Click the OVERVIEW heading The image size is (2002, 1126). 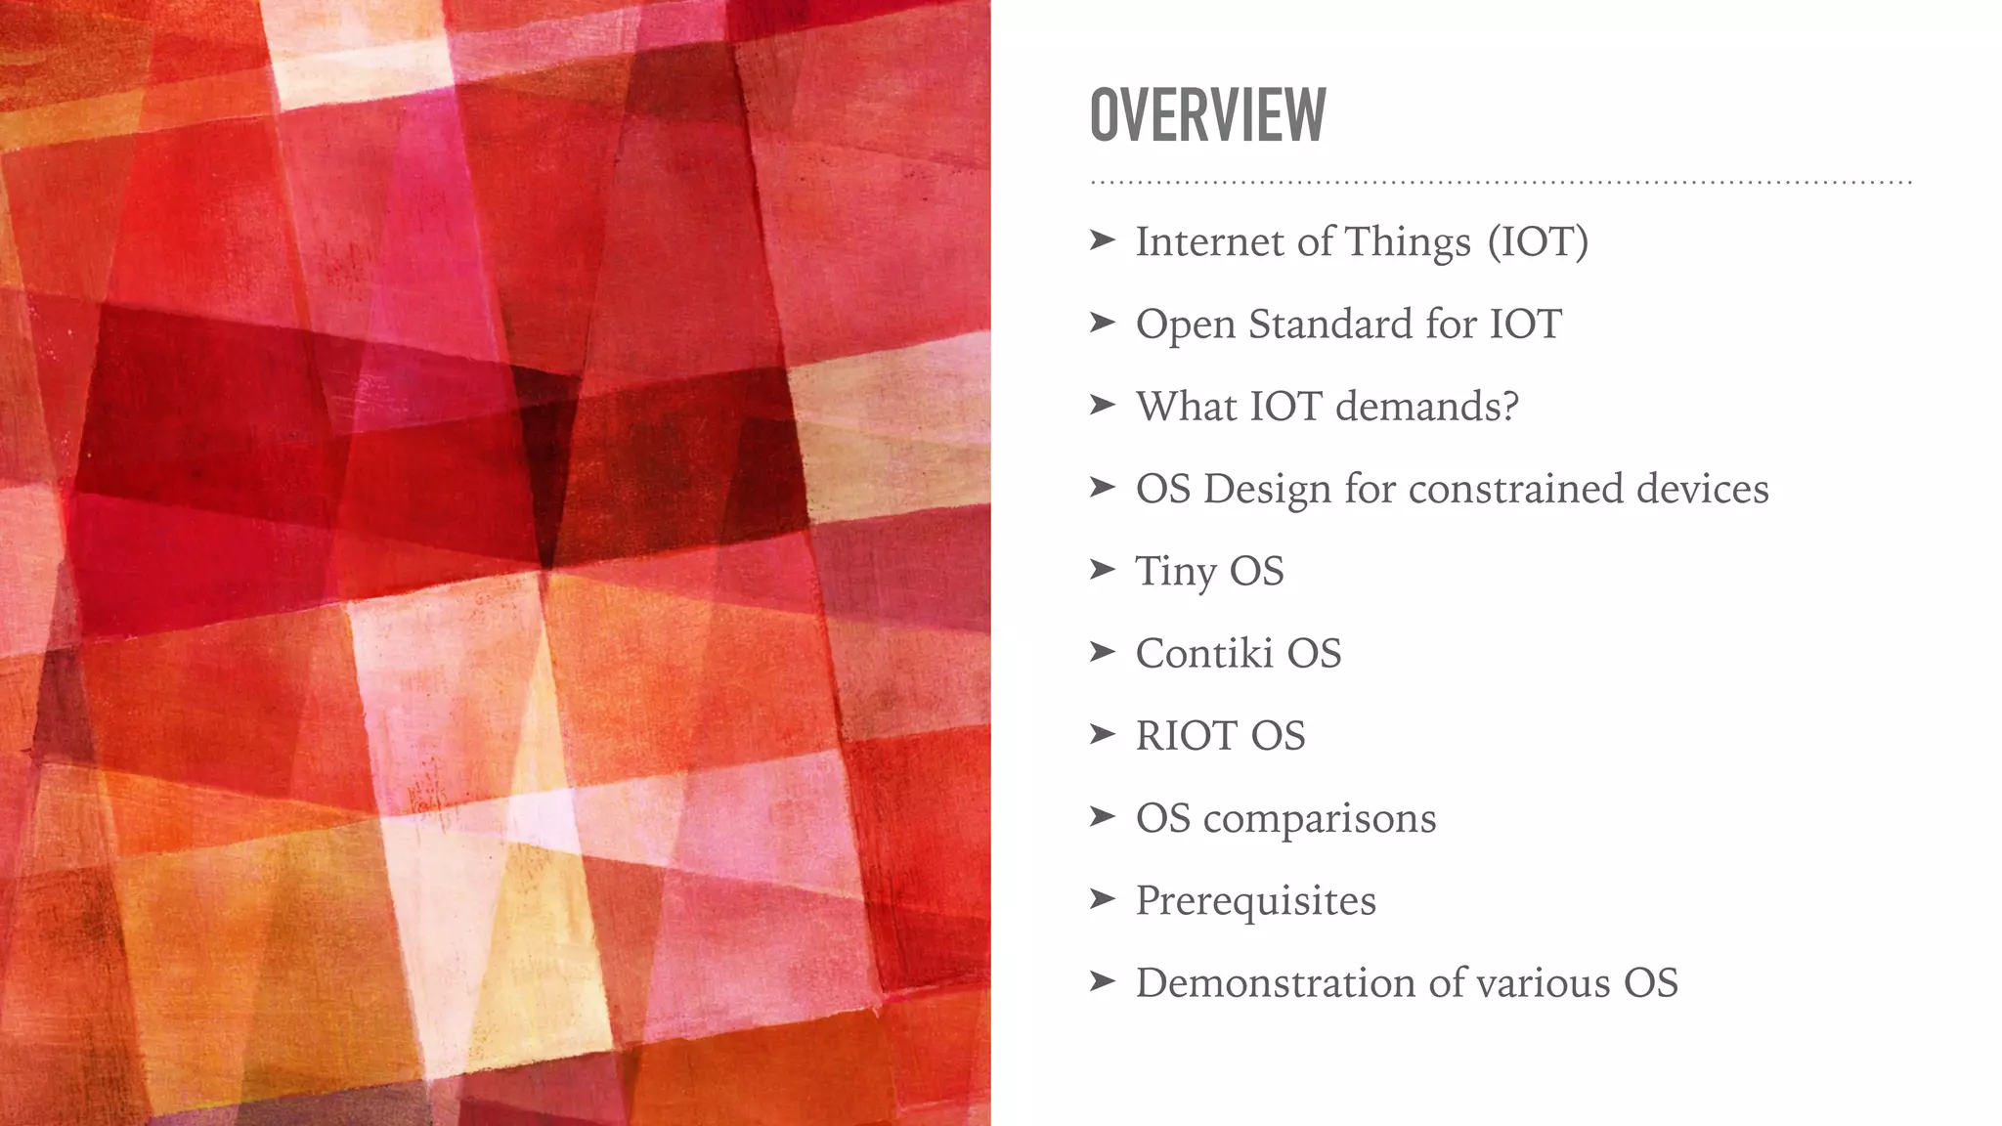coord(1207,115)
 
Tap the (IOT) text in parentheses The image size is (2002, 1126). coord(1538,241)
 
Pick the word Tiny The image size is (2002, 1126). coord(1175,572)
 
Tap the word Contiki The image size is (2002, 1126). coord(1203,654)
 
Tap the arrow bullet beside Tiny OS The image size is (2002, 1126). coord(1102,569)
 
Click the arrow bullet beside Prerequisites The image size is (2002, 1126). coord(1102,898)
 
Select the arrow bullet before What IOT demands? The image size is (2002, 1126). coord(1102,404)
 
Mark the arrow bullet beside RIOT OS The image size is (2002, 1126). coord(1102,733)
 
